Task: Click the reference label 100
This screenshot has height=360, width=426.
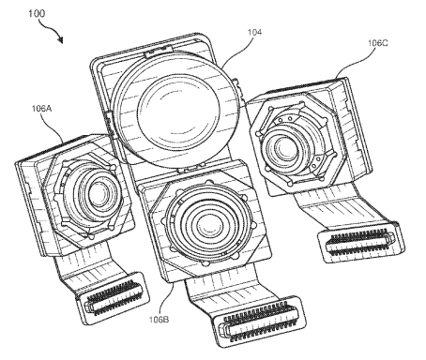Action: (x=37, y=13)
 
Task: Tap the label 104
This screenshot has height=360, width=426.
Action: (x=254, y=32)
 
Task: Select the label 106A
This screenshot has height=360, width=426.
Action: (x=41, y=109)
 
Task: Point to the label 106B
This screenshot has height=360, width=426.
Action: (x=159, y=320)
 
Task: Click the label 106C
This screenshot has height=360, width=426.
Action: (x=377, y=43)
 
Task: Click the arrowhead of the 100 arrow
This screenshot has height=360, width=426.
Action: (x=60, y=40)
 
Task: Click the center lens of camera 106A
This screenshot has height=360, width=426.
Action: (x=98, y=194)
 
